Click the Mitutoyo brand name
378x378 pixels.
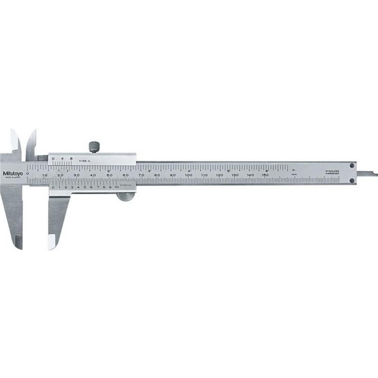(13, 174)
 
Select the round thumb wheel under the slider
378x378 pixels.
(125, 196)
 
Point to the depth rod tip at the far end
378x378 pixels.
(374, 174)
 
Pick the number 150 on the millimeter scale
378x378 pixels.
(266, 175)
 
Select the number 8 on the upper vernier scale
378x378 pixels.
(71, 159)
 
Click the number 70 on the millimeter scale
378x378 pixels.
(141, 175)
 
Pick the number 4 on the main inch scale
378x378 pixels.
(189, 170)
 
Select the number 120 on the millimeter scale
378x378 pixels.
(219, 175)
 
